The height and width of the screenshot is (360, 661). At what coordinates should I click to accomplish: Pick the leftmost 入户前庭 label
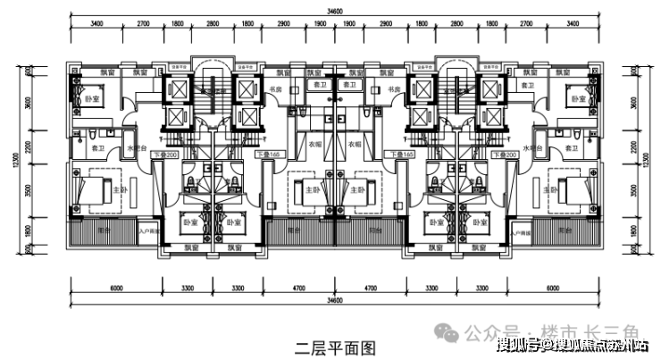point(148,231)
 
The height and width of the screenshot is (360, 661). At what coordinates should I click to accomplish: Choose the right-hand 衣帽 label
point(354,143)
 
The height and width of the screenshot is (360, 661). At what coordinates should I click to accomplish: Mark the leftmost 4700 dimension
point(299,289)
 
